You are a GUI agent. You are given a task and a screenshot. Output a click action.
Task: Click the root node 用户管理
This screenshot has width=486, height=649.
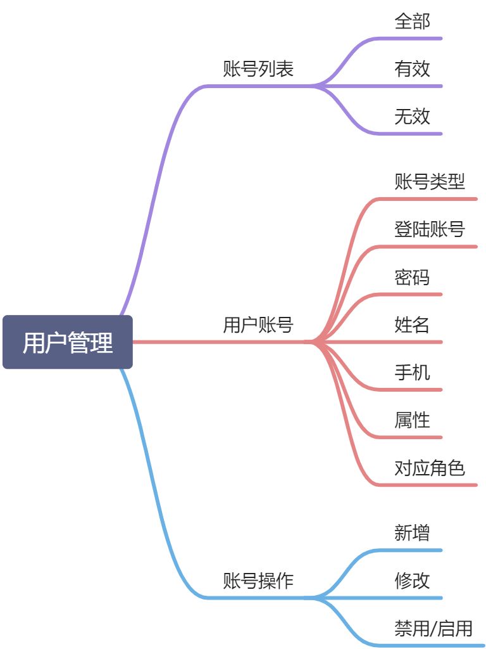click(x=68, y=342)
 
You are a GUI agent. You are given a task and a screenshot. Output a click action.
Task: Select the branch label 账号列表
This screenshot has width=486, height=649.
click(x=258, y=68)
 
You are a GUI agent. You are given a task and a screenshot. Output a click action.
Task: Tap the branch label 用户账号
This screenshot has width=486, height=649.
click(x=258, y=325)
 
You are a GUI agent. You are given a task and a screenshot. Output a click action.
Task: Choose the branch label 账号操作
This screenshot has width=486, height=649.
click(x=258, y=581)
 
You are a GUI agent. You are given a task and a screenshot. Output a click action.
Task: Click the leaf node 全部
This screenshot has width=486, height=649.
click(x=412, y=21)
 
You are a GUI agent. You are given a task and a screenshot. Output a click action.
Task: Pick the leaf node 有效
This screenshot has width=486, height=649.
click(x=412, y=68)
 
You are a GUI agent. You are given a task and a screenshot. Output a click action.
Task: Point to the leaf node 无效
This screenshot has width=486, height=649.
click(x=412, y=116)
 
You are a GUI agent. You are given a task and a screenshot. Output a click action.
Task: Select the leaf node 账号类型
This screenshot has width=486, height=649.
click(x=430, y=182)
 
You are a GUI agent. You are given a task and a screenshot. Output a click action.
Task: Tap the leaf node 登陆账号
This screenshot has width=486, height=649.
click(x=430, y=229)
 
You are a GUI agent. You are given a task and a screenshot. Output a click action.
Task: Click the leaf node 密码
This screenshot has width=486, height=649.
click(x=412, y=277)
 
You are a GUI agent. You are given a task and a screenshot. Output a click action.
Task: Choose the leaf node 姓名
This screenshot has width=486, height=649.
click(x=412, y=325)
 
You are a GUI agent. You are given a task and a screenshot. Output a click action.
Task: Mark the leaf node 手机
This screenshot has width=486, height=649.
click(x=412, y=372)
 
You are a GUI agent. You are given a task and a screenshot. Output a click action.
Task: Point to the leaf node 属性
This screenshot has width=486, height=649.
click(x=412, y=420)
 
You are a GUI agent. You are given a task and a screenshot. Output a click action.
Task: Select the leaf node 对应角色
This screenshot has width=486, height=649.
click(x=430, y=468)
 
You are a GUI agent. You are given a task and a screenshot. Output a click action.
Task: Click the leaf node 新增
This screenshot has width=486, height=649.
click(x=412, y=532)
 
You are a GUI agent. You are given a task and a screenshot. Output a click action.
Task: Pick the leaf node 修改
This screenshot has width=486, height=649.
click(x=412, y=580)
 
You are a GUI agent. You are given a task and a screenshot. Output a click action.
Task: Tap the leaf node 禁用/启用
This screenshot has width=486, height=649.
click(x=433, y=628)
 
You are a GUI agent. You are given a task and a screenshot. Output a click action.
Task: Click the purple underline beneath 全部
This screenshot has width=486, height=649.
click(x=411, y=39)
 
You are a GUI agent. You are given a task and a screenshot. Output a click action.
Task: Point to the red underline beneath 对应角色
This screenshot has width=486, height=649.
click(x=430, y=485)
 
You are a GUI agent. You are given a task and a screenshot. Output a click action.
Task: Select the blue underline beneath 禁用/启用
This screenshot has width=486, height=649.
click(x=437, y=645)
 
